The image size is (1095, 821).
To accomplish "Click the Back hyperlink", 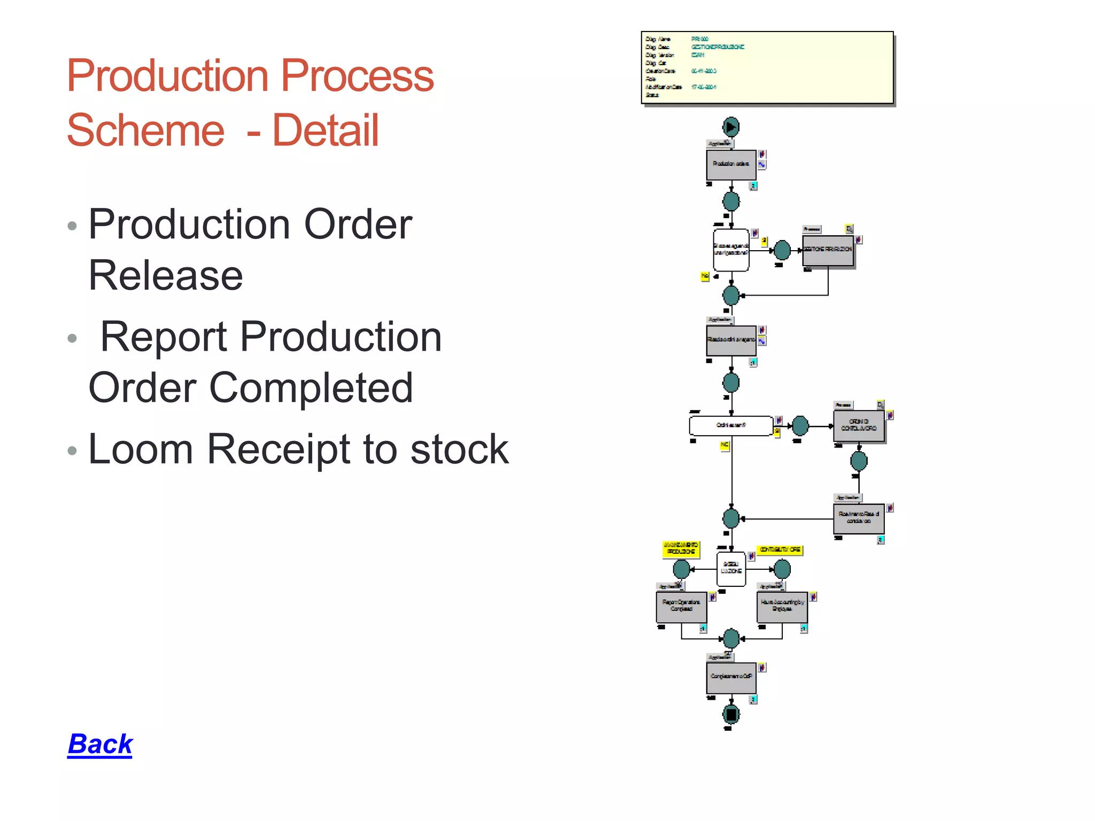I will pyautogui.click(x=100, y=743).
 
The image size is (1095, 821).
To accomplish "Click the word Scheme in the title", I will pyautogui.click(x=145, y=130).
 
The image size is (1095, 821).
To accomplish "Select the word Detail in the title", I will pyautogui.click(x=326, y=130).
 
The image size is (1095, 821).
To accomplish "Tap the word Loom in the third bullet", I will pyautogui.click(x=141, y=449).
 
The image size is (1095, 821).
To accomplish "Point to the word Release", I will pyautogui.click(x=166, y=275).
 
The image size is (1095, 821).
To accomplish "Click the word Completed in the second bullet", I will pyautogui.click(x=311, y=388).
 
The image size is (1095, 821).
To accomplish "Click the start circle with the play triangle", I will pyautogui.click(x=731, y=127).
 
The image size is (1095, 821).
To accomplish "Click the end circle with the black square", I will pyautogui.click(x=731, y=714).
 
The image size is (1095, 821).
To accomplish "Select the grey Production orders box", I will pyautogui.click(x=731, y=165).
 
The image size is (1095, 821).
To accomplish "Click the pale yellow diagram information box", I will pyautogui.click(x=767, y=67).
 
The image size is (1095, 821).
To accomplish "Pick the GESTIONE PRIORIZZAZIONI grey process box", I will pyautogui.click(x=828, y=250).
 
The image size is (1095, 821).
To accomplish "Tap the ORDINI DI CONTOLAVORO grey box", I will pyautogui.click(x=859, y=426).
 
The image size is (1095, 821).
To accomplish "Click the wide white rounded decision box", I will pyautogui.click(x=731, y=425).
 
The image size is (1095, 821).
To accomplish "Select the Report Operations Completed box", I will pyautogui.click(x=681, y=607).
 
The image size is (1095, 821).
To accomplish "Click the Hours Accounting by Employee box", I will pyautogui.click(x=782, y=607).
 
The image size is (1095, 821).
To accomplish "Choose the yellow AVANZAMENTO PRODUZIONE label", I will pyautogui.click(x=681, y=548).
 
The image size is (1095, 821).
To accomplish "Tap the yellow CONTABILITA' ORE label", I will pyautogui.click(x=780, y=549).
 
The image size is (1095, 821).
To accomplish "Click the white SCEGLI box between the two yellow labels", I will pyautogui.click(x=731, y=568).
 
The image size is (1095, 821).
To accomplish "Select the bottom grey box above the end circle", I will pyautogui.click(x=731, y=677).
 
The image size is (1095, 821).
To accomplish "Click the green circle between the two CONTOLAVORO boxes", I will pyautogui.click(x=859, y=461).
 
